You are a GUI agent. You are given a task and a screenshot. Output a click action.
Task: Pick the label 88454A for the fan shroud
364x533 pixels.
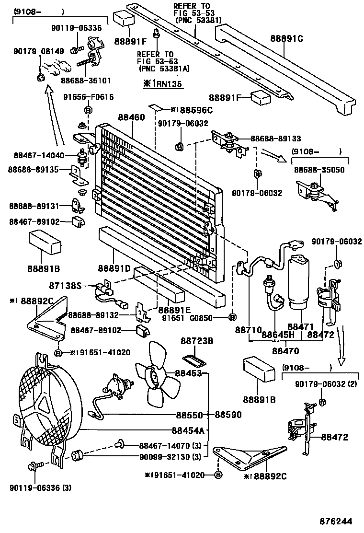pos(189,430)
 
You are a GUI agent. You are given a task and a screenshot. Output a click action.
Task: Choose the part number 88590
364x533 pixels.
pos(228,415)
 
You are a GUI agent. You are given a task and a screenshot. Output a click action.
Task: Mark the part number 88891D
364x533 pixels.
pos(114,268)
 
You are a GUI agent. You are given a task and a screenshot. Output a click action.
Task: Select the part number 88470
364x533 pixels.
pos(286,351)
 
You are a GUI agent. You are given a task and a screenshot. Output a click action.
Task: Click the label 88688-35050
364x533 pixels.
pos(318,170)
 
